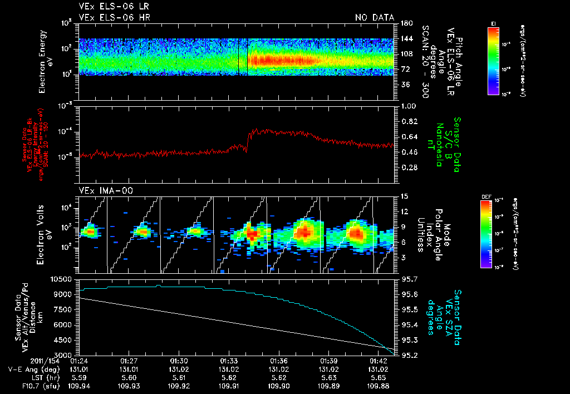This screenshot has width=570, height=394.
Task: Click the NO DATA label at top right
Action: [375, 18]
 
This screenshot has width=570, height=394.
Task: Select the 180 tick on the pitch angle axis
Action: [405, 23]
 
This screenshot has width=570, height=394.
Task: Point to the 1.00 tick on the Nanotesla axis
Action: [409, 106]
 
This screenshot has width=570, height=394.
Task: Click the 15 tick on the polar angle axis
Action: [404, 196]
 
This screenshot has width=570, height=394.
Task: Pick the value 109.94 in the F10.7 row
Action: [80, 385]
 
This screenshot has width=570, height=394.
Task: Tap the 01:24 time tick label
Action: [80, 361]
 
